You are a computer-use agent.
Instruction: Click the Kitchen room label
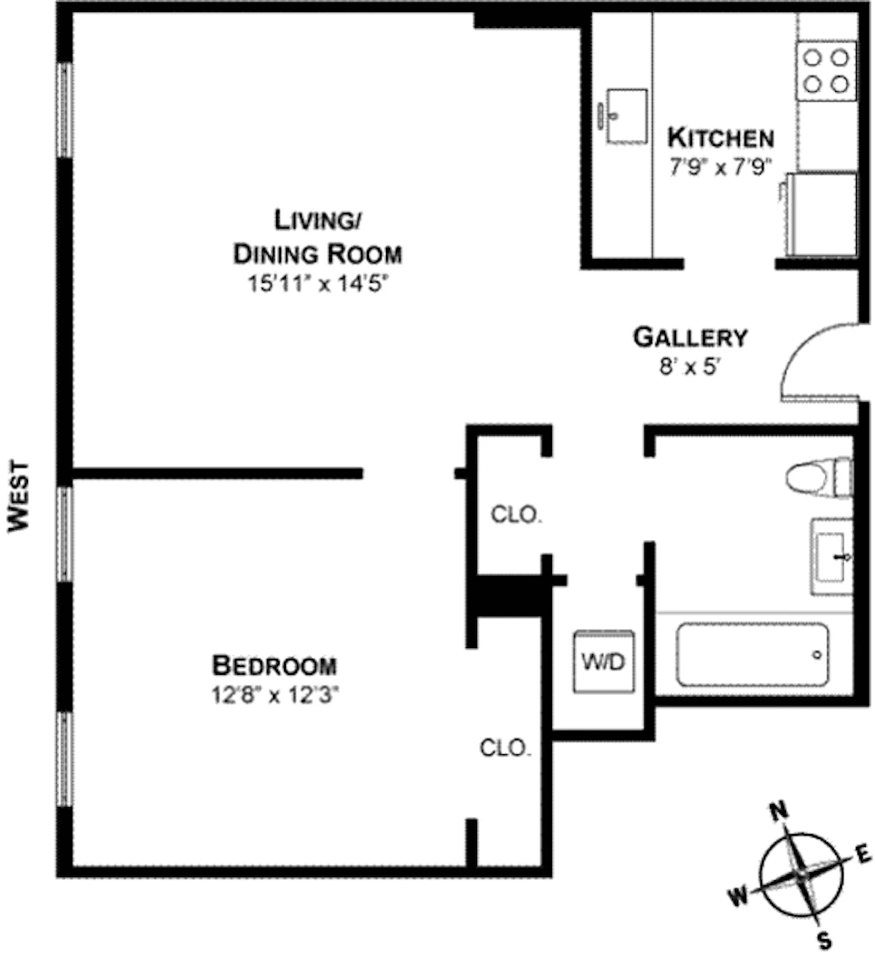(720, 138)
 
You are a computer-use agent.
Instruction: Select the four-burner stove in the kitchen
(826, 71)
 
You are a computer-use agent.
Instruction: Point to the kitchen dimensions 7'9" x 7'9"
(720, 167)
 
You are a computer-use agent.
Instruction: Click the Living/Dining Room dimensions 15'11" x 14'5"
(318, 284)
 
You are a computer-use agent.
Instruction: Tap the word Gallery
(690, 338)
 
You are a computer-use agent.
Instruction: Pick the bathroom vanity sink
(832, 556)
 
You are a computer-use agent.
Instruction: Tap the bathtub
(752, 655)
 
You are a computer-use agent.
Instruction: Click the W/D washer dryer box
(603, 662)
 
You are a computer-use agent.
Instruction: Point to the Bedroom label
(274, 666)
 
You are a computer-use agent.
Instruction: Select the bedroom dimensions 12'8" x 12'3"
(274, 695)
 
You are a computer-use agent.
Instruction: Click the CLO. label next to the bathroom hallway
(516, 515)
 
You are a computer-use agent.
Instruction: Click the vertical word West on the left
(19, 496)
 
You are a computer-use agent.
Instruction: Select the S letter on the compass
(825, 941)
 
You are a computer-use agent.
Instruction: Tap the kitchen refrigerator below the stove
(822, 214)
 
